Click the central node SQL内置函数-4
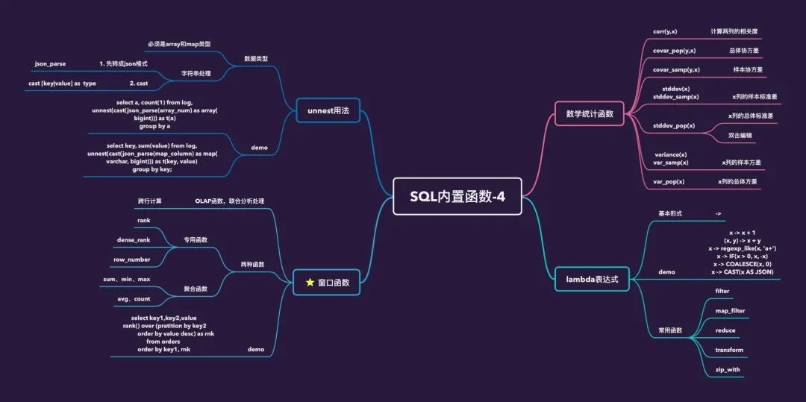[x=457, y=197]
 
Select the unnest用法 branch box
[x=328, y=111]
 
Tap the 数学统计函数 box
[x=590, y=114]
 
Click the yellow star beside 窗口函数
[x=310, y=283]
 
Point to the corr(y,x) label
[x=664, y=31]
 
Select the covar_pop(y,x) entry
[x=674, y=51]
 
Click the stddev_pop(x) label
[x=673, y=125]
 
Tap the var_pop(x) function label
[x=669, y=181]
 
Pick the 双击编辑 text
[x=740, y=136]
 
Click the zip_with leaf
[x=728, y=369]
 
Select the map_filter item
[x=730, y=310]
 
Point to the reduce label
[x=725, y=330]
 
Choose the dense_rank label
[x=134, y=240]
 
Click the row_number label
[x=131, y=260]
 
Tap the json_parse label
[x=50, y=63]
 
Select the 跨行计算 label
[x=149, y=201]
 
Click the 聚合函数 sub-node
[x=196, y=289]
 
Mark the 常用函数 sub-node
[x=670, y=330]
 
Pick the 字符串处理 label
[x=196, y=73]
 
